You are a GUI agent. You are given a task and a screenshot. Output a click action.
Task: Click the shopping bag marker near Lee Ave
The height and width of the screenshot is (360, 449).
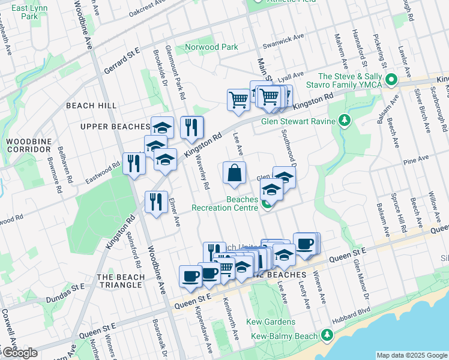[234, 173]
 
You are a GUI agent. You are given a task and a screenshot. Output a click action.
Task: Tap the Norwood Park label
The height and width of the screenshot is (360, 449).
[211, 47]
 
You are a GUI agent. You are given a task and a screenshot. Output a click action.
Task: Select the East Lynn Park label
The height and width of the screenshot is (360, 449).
[29, 13]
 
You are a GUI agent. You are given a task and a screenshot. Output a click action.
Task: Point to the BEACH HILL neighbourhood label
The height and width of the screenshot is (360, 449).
[91, 105]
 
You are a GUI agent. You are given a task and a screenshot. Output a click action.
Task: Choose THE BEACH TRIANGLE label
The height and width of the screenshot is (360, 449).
[121, 281]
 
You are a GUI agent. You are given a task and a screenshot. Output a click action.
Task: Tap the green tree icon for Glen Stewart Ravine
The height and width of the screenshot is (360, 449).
[345, 121]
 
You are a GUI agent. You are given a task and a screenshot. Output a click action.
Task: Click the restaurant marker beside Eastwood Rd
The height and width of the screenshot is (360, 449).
[133, 163]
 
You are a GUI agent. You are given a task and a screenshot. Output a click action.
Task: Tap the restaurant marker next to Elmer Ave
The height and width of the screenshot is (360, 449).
[156, 201]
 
